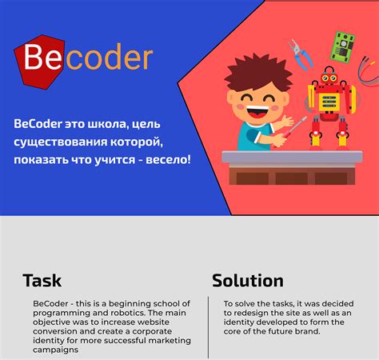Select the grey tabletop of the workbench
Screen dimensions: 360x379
coord(295,158)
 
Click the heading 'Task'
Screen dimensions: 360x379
coord(42,281)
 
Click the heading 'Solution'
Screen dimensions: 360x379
coord(248,281)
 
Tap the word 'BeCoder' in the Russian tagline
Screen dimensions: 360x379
coord(39,124)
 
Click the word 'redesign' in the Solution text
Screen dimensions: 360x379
coord(242,312)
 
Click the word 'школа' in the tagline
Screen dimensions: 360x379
coord(112,124)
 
